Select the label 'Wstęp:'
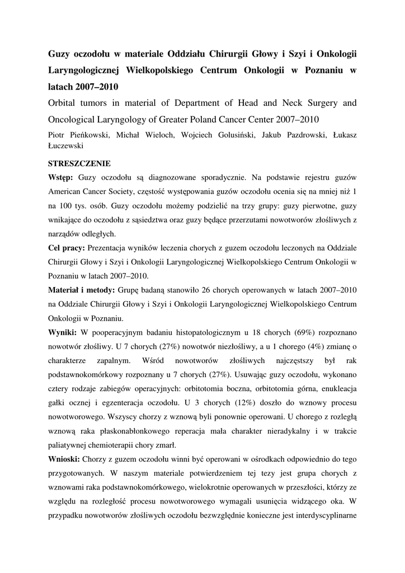(60, 178)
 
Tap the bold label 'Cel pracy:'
(67, 247)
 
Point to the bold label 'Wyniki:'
(63, 331)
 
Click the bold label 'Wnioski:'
(65, 459)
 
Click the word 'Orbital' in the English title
(65, 103)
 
